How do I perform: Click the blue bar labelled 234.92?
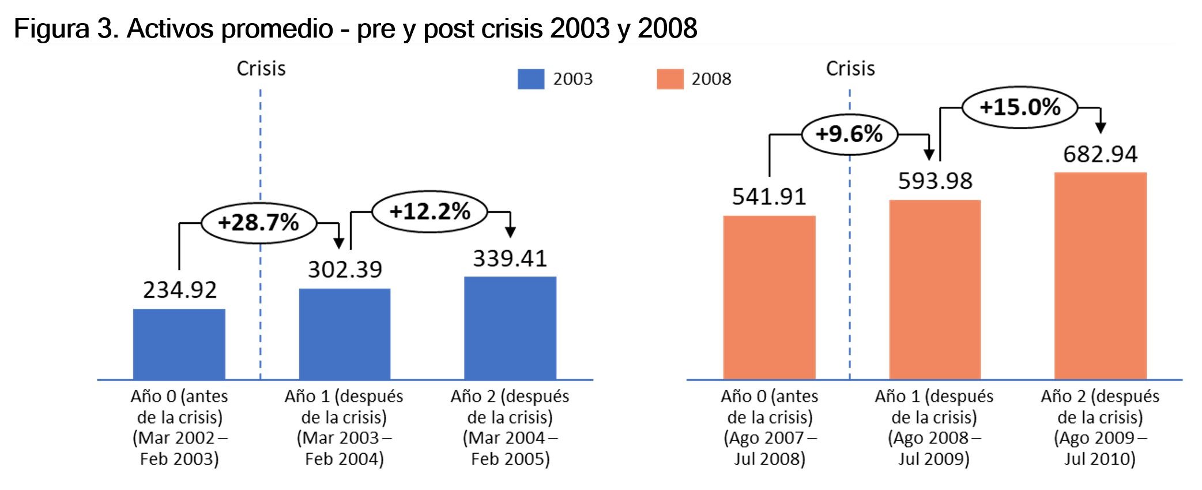[x=179, y=344]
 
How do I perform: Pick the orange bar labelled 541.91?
[x=769, y=297]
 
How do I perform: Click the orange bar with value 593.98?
[x=935, y=289]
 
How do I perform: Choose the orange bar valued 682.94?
[x=1100, y=275]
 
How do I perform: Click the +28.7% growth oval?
[x=258, y=222]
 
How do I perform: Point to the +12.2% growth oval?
[x=429, y=212]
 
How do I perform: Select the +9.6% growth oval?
[x=849, y=134]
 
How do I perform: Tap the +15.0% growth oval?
[x=1019, y=107]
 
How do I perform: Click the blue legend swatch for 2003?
[x=530, y=79]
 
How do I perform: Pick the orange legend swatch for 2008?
[x=669, y=79]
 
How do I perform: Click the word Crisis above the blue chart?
[x=261, y=69]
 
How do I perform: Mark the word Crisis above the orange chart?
[x=850, y=69]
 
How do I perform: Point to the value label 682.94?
[x=1100, y=155]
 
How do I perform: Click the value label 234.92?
[x=180, y=290]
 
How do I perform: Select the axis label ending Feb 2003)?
[x=179, y=428]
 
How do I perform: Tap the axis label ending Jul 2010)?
[x=1100, y=428]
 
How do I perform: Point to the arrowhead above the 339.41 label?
[x=510, y=232]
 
